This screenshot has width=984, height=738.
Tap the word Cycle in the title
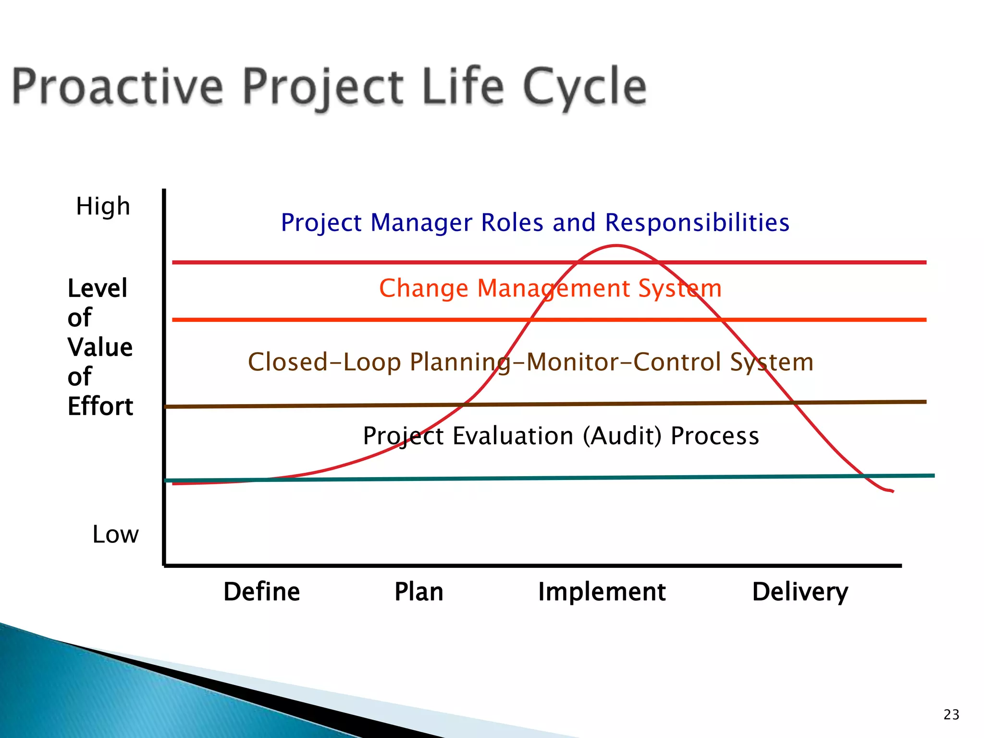pos(584,87)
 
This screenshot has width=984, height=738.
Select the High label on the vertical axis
pos(103,207)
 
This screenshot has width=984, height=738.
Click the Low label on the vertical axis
pos(115,534)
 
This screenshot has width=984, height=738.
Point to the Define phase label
pos(261,591)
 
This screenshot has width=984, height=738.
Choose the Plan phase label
pos(418,591)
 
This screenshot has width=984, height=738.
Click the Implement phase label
pos(602,591)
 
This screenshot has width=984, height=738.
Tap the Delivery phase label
pos(800,591)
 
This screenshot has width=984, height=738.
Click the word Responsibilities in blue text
pos(697,222)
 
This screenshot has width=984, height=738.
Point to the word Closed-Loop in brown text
pos(324,362)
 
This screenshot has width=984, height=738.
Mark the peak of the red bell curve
pos(616,246)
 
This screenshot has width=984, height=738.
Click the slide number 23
pos(951,714)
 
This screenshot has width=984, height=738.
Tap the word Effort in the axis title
pos(100,406)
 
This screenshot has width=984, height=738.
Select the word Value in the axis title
pos(100,347)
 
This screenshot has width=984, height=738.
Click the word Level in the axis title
pos(98,288)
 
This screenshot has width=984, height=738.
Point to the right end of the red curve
pos(892,491)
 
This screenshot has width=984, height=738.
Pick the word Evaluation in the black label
pos(512,436)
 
